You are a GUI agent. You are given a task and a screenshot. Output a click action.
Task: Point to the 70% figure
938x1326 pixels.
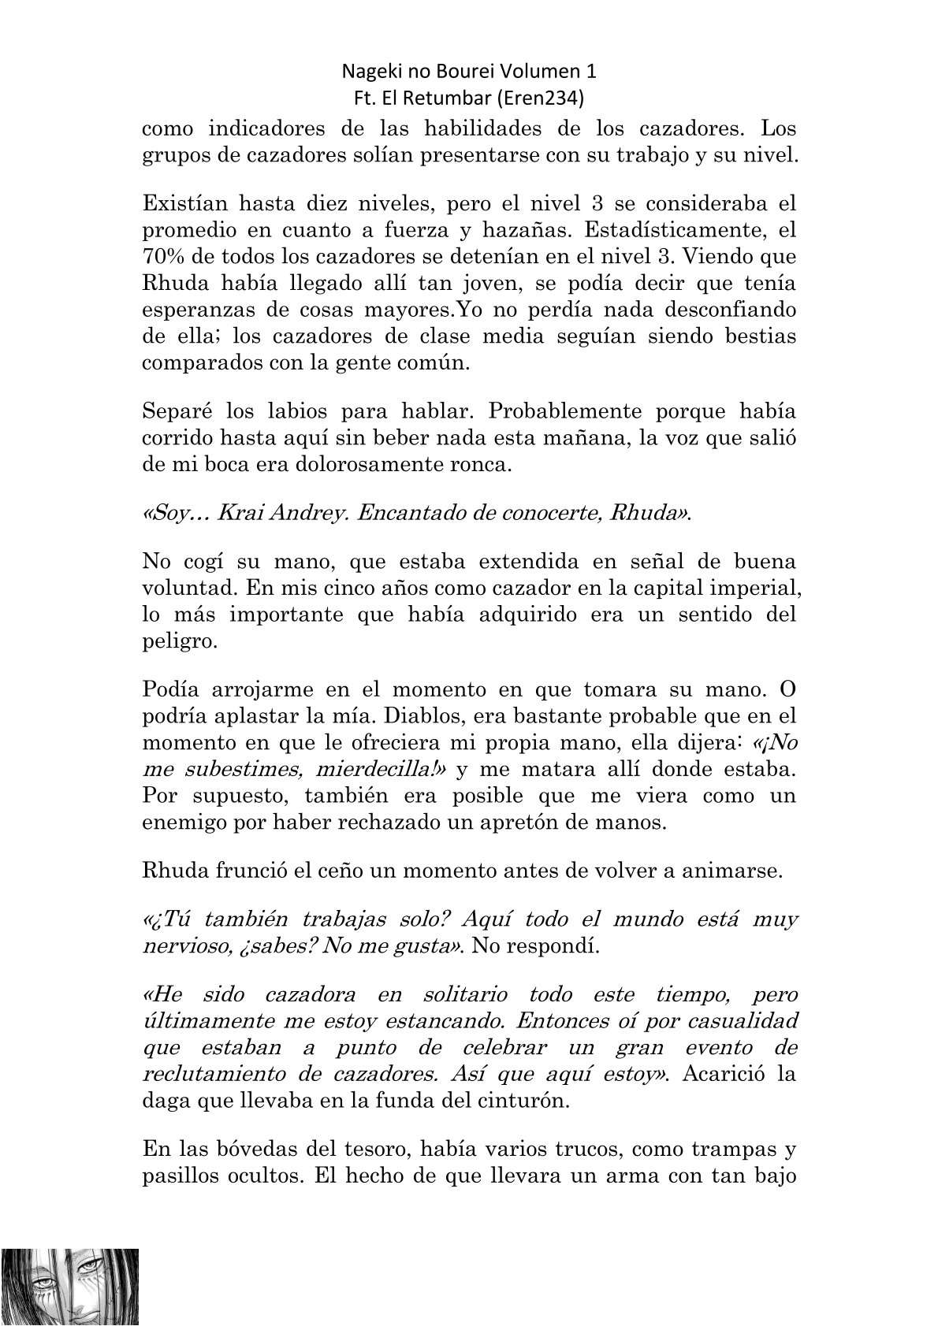coord(162,257)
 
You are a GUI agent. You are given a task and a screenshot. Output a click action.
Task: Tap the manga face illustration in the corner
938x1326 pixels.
coord(70,1286)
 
